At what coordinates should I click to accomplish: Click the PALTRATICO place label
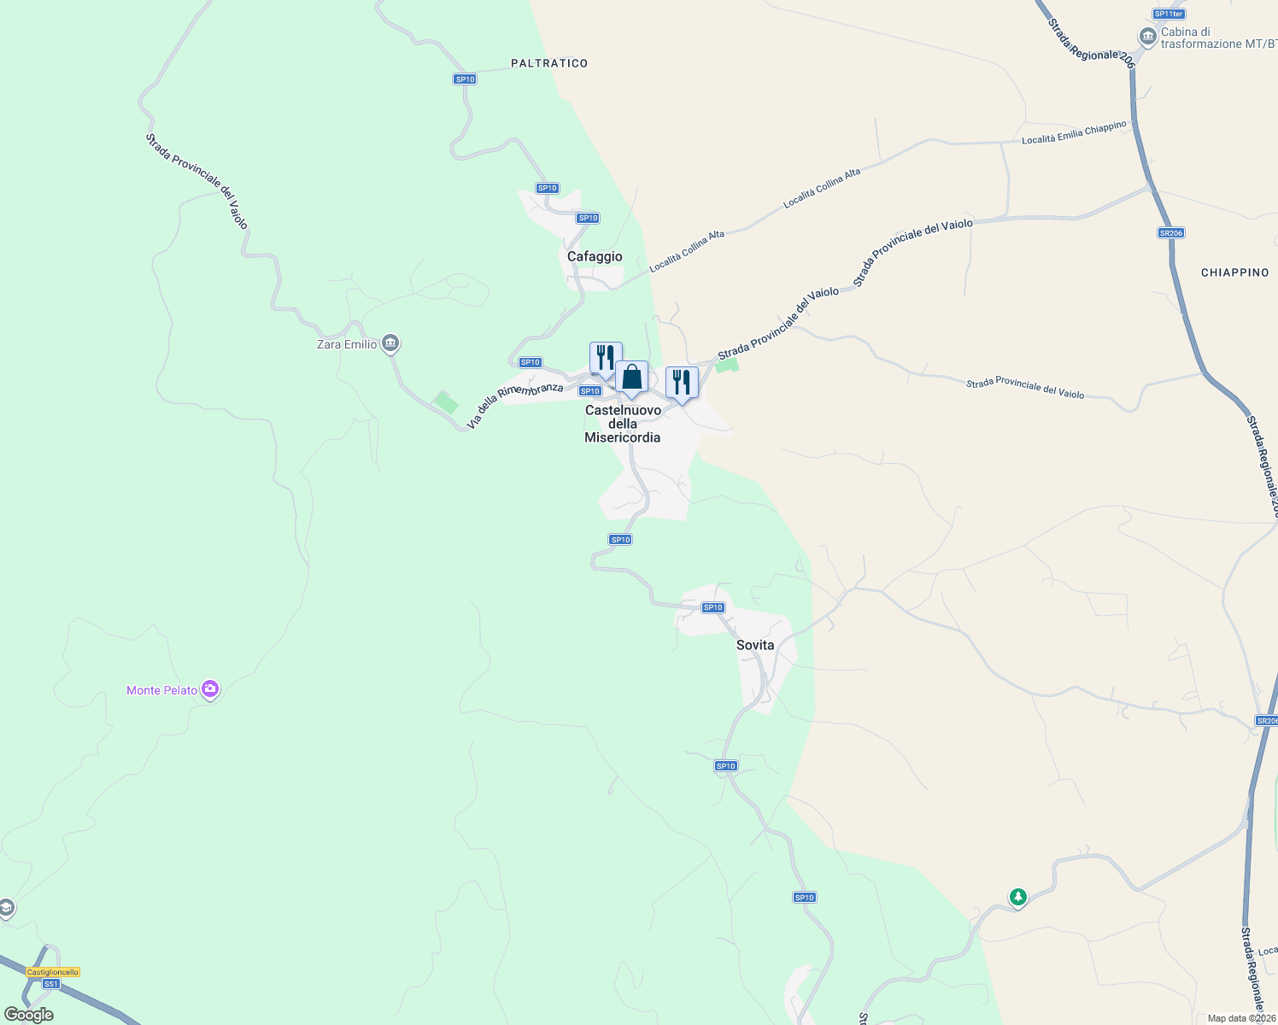coord(549,63)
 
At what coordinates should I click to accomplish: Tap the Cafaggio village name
coord(595,256)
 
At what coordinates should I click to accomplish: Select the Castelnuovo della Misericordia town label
coord(623,424)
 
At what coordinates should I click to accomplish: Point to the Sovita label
coord(755,645)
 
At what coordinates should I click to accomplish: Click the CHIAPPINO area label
coord(1234,272)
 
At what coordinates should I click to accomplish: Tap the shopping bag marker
coord(631,377)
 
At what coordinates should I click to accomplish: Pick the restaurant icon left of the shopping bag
coord(606,357)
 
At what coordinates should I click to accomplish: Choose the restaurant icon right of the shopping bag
coord(682,382)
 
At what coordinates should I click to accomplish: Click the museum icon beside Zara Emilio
coord(390,343)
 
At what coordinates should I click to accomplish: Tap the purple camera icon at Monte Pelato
coord(210,689)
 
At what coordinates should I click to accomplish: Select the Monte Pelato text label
coord(161,690)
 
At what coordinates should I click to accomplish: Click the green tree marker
coord(1017,897)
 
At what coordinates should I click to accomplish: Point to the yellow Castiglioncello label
coord(53,972)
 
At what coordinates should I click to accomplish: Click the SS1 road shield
coord(51,984)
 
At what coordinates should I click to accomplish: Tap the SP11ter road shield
coord(1168,14)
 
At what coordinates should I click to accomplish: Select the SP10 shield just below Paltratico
coord(465,79)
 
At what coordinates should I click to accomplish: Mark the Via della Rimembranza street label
coord(515,405)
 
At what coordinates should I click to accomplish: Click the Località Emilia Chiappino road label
coord(1075,133)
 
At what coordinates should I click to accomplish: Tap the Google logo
coord(29,1015)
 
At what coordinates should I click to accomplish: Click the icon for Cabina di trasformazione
coord(1147,37)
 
